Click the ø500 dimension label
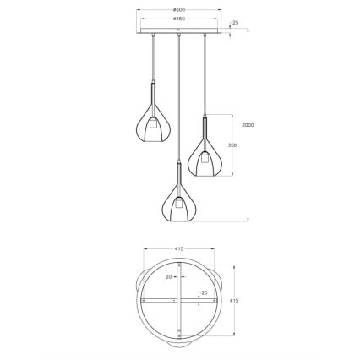click(179, 11)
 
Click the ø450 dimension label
click(179, 19)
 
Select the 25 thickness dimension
click(235, 23)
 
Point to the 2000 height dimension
click(248, 125)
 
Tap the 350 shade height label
click(232, 145)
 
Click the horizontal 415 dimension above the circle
click(179, 248)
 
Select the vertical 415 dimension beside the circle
click(234, 301)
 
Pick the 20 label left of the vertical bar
click(168, 276)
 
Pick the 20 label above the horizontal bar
click(204, 292)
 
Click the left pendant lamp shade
click(152, 125)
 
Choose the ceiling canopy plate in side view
click(179, 31)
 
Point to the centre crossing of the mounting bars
click(179, 300)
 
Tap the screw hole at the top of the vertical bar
click(179, 268)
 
